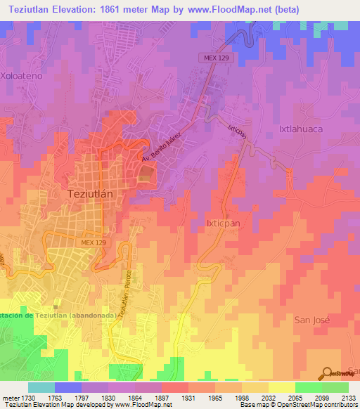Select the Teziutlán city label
[x=94, y=192]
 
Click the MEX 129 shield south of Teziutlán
[x=93, y=242]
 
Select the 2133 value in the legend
[x=349, y=397]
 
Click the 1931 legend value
[x=188, y=397]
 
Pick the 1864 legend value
[x=135, y=397]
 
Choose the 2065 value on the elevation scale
[x=295, y=397]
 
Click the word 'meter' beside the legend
[x=9, y=397]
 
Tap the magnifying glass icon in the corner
[x=326, y=372]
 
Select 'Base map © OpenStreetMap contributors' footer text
[x=307, y=405]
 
